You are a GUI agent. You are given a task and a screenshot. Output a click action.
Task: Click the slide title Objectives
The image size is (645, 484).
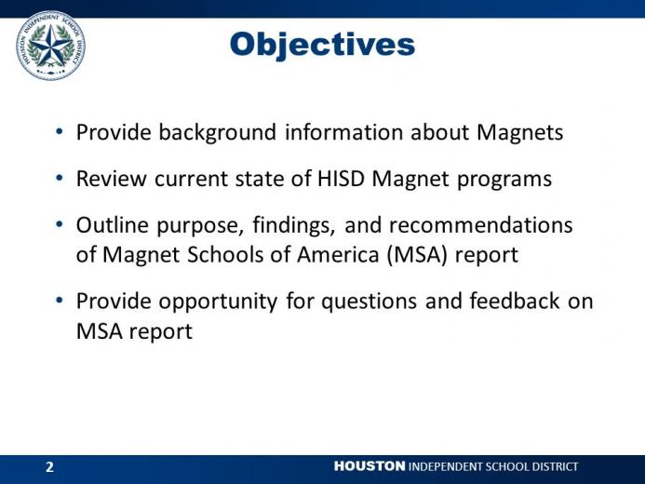[322, 45]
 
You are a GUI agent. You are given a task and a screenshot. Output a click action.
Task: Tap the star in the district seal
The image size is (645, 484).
[51, 46]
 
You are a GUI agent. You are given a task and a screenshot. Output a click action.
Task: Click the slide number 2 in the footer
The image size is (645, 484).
[49, 466]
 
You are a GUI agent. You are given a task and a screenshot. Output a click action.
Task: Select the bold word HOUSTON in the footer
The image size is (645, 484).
[370, 466]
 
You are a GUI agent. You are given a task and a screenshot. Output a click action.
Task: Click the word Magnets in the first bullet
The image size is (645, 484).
[520, 132]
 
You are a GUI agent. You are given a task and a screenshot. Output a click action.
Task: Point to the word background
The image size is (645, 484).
[217, 133]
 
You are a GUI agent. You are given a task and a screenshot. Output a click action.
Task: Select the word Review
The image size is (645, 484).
[111, 179]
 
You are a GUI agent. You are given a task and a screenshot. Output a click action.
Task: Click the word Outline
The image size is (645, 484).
[113, 225]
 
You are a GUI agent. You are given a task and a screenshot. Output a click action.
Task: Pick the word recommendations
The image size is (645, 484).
[480, 225]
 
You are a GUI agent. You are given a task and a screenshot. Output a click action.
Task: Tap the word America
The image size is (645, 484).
[338, 254]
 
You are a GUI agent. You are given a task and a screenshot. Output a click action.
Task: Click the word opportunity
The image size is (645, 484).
[218, 302]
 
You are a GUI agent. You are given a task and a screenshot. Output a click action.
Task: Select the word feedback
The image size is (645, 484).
[514, 301]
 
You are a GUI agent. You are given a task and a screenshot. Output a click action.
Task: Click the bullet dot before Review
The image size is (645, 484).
[60, 178]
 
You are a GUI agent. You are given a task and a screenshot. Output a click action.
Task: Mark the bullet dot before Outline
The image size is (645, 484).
[60, 224]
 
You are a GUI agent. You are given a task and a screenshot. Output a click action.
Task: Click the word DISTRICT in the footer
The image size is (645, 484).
[555, 466]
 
